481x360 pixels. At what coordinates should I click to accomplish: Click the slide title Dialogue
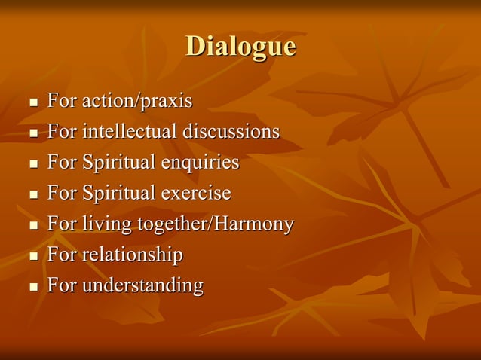[240, 46]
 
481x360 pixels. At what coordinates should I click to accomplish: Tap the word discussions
[231, 132]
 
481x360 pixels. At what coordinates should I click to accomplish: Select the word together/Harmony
[215, 224]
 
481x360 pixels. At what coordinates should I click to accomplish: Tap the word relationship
[133, 255]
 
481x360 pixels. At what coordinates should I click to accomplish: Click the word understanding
[142, 286]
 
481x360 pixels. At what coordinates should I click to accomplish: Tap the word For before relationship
[62, 255]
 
